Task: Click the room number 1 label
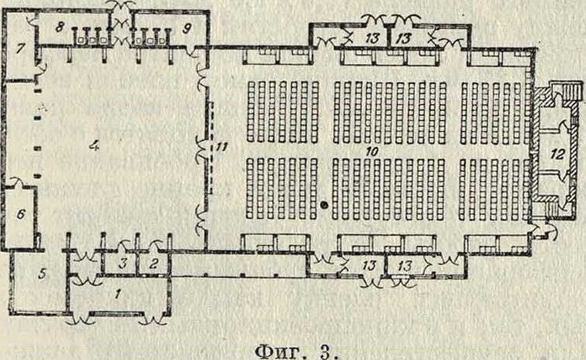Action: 117,293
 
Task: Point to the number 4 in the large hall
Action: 94,145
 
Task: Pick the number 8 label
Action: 59,26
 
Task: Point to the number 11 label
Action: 224,144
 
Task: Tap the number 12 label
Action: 555,153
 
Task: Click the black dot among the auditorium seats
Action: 325,205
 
